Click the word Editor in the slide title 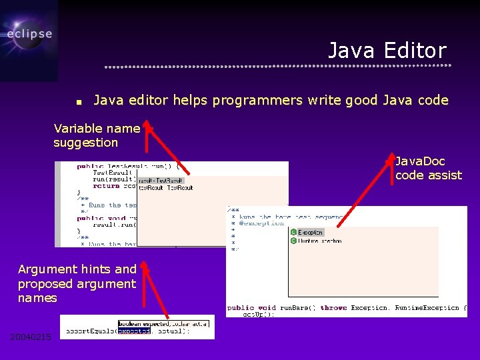(x=414, y=51)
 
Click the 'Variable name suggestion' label (x=96, y=135)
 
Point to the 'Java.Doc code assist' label (x=428, y=168)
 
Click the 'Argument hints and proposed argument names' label (x=77, y=283)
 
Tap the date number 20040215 (x=31, y=337)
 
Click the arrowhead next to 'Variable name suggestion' (x=149, y=127)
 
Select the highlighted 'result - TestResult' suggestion (x=161, y=180)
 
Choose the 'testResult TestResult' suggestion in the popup (x=166, y=188)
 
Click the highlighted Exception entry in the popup (x=310, y=232)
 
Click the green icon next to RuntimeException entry (x=294, y=241)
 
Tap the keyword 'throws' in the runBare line (x=333, y=308)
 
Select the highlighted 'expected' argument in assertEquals (x=133, y=331)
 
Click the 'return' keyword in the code (x=106, y=186)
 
